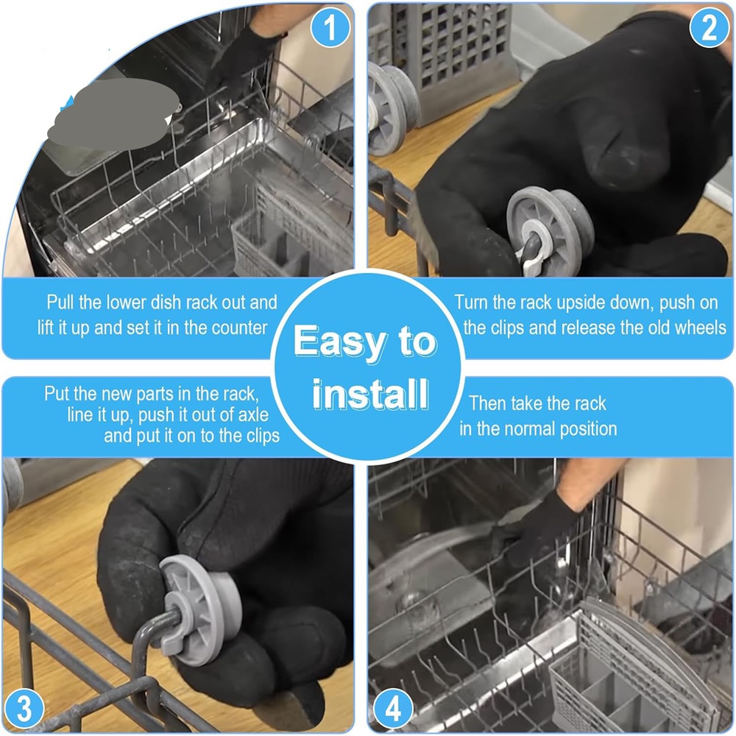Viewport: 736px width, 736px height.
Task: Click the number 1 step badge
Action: click(x=330, y=27)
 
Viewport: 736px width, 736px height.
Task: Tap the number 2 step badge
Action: click(x=709, y=27)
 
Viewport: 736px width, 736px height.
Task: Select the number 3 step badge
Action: click(x=24, y=708)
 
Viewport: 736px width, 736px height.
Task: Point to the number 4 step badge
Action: click(x=393, y=708)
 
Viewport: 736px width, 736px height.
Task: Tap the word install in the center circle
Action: click(x=371, y=394)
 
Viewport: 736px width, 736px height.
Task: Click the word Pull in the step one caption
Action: click(x=60, y=302)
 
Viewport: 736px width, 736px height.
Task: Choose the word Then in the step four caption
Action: click(x=487, y=403)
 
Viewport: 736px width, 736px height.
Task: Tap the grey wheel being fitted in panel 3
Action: click(x=201, y=609)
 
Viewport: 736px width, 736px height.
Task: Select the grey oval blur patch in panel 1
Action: click(x=114, y=115)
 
